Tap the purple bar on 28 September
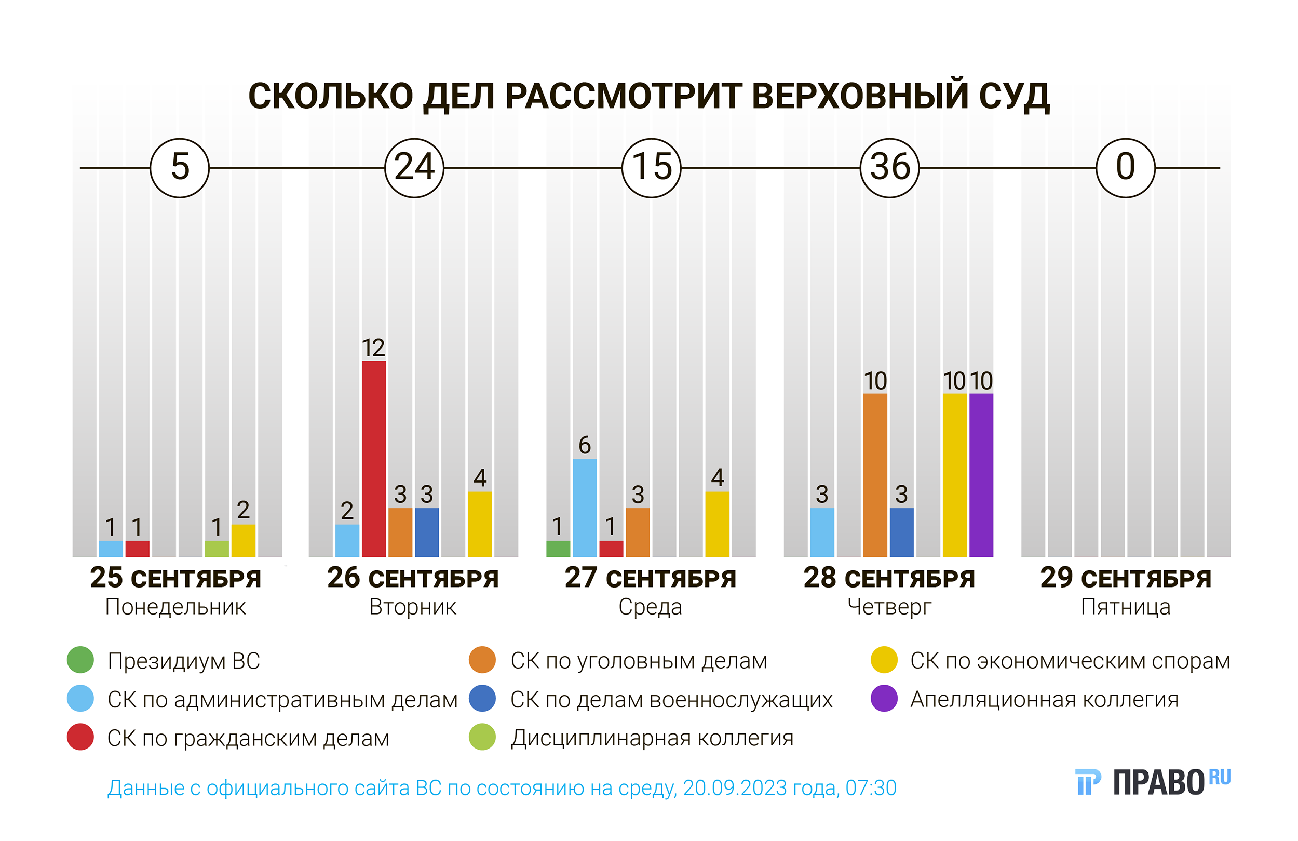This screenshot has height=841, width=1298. click(981, 475)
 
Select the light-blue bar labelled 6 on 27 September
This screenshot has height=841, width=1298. click(585, 508)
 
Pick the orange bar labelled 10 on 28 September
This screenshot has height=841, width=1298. click(875, 475)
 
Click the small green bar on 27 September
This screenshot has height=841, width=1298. click(558, 549)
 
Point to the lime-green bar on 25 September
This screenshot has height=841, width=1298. click(217, 549)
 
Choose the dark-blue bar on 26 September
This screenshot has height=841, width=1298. click(426, 532)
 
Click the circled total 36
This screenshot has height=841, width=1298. click(889, 168)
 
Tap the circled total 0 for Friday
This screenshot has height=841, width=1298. click(1125, 168)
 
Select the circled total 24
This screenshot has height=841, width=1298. click(414, 168)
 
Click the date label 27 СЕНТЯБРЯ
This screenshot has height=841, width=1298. click(650, 579)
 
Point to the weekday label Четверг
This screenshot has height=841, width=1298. click(889, 607)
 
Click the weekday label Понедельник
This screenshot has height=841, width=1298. click(175, 607)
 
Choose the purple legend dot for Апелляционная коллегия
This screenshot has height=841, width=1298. click(884, 699)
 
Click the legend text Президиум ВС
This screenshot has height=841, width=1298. click(184, 661)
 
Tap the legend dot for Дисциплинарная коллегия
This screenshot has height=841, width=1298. click(482, 737)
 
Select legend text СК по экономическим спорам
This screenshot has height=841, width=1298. click(1070, 661)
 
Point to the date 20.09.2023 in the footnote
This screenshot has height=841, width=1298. click(760, 788)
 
